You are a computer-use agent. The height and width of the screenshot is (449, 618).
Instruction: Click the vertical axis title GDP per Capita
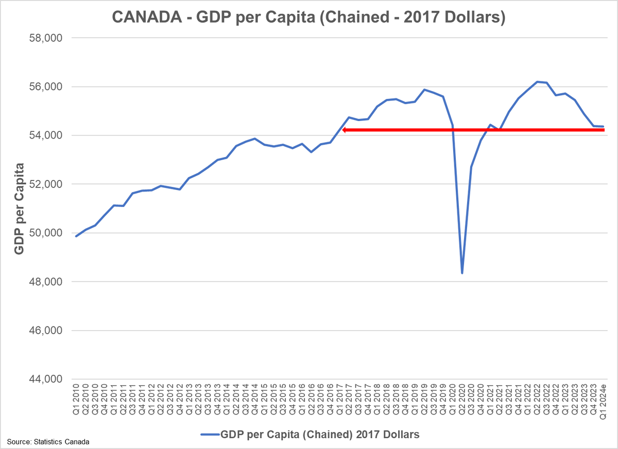pos(19,209)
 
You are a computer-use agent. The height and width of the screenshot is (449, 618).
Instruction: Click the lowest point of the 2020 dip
pos(462,273)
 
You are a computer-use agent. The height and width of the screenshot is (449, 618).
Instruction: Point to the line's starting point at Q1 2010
pos(76,236)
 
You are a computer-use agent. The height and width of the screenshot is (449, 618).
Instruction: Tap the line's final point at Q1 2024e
pos(603,127)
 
